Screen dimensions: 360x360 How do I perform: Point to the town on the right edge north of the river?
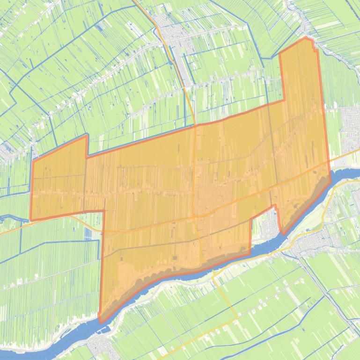[351, 122]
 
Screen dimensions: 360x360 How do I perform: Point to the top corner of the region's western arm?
[87, 136]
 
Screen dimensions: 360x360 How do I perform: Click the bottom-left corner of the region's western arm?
[31, 219]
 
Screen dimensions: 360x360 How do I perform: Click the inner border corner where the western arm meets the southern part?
[103, 211]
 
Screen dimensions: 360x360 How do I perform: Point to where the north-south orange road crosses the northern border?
[195, 125]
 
